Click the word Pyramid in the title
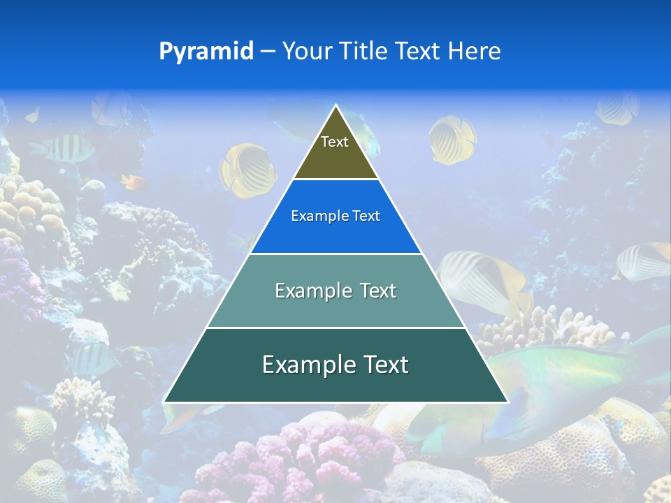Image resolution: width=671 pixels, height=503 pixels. coord(205,52)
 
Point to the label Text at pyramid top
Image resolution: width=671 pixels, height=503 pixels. coord(335,142)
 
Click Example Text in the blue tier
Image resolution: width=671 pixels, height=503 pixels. coord(335,216)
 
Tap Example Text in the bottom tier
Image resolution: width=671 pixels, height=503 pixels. coord(335,365)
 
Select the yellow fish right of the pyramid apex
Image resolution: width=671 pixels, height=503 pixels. coord(452,138)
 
